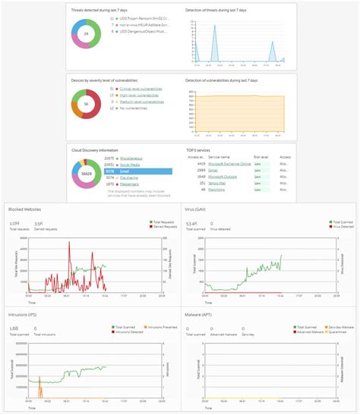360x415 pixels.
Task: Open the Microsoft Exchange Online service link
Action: tap(234, 164)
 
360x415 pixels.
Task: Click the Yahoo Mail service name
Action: tap(219, 184)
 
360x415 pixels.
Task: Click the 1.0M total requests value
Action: tap(14, 224)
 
